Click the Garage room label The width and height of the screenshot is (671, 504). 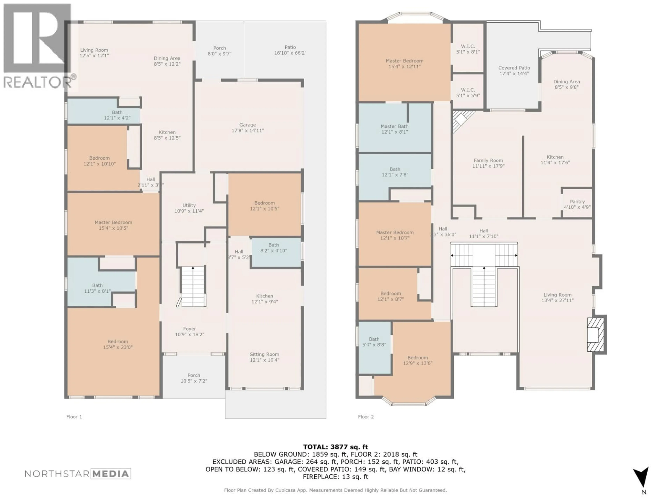click(248, 128)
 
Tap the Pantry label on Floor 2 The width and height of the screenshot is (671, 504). click(577, 204)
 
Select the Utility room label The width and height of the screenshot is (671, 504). click(189, 208)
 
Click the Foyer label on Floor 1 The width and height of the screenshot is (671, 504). click(190, 331)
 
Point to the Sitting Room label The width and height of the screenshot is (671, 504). click(264, 357)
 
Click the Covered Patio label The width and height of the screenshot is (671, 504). click(514, 71)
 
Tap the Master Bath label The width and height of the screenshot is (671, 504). click(394, 129)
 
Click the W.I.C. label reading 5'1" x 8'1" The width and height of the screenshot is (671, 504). click(468, 49)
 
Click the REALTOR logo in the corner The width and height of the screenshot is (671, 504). click(38, 45)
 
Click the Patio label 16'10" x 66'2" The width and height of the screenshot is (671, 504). click(290, 50)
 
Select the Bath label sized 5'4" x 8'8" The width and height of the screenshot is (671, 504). click(374, 342)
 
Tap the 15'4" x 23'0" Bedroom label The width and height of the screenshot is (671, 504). click(118, 344)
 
